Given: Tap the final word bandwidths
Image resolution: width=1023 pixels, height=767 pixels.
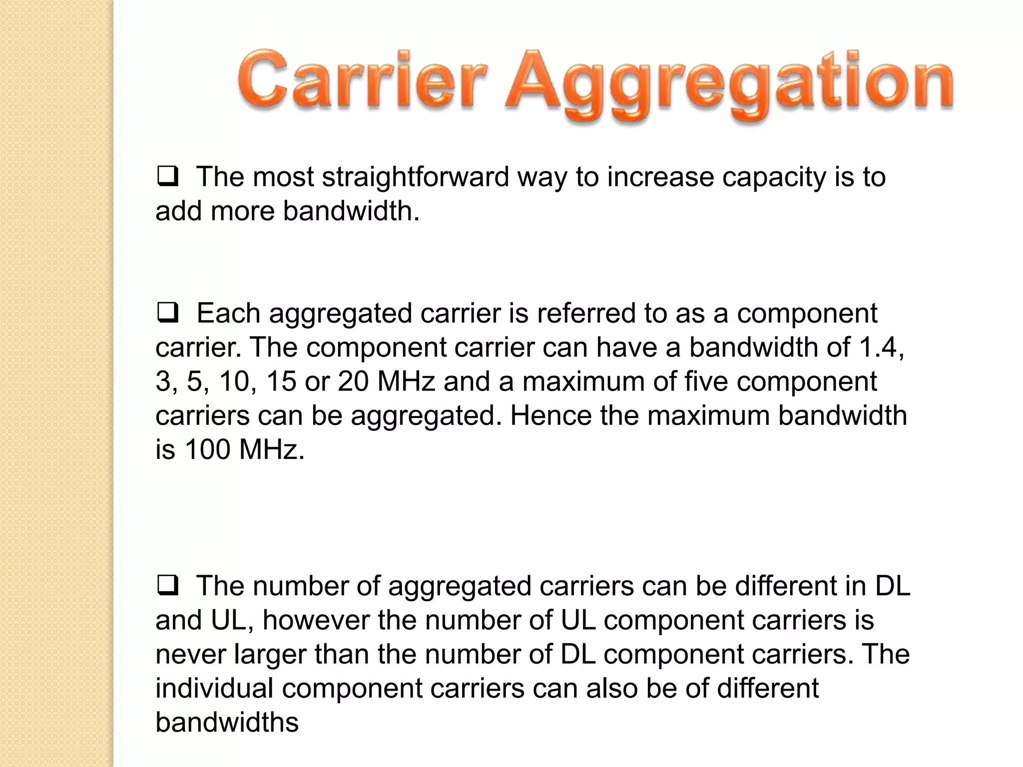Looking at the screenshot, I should (227, 722).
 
